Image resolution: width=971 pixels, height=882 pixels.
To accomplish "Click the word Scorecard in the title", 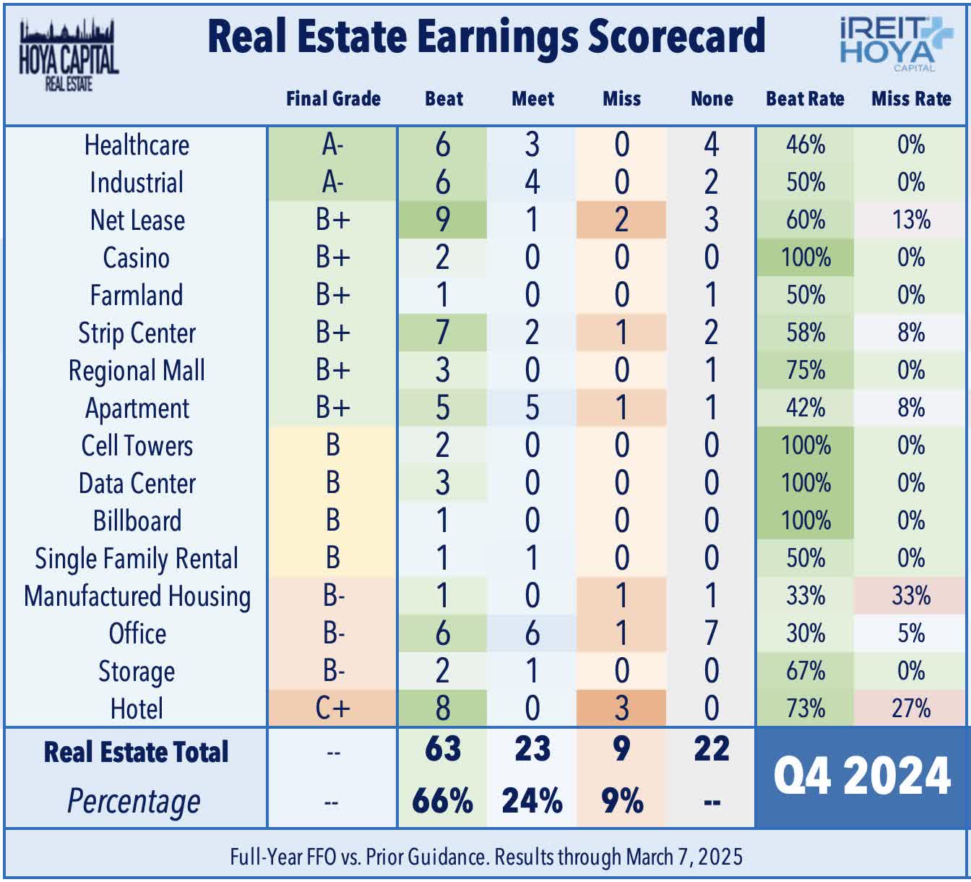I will point(676,36).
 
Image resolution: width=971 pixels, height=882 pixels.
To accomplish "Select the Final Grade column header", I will point(333,98).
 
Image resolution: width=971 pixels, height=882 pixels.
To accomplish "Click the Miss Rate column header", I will point(911,98).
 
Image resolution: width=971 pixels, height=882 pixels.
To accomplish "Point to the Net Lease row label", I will point(137,220).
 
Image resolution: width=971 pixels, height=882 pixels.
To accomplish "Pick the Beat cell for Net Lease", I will point(442,220).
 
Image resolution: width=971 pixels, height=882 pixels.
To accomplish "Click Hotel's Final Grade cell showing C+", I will point(332,708).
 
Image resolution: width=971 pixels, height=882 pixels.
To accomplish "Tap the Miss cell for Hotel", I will point(621,708).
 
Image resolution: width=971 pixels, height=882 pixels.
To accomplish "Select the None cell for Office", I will point(711,633).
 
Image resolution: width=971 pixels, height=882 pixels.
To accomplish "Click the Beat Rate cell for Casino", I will point(806,257).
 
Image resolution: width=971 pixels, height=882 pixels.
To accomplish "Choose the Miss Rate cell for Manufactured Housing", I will point(911,596).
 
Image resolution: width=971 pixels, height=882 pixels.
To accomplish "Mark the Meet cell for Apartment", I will point(532,408).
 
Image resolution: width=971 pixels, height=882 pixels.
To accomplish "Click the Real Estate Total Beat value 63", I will point(442,749).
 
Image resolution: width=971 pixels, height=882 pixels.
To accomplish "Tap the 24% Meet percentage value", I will point(532,801).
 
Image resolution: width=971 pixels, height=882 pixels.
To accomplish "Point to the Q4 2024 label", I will point(861,776).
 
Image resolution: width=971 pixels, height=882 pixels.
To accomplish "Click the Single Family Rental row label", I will point(137,558).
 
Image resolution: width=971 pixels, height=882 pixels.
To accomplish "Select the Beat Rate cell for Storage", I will point(806,671).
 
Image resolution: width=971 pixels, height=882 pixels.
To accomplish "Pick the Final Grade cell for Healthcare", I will point(332,145).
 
